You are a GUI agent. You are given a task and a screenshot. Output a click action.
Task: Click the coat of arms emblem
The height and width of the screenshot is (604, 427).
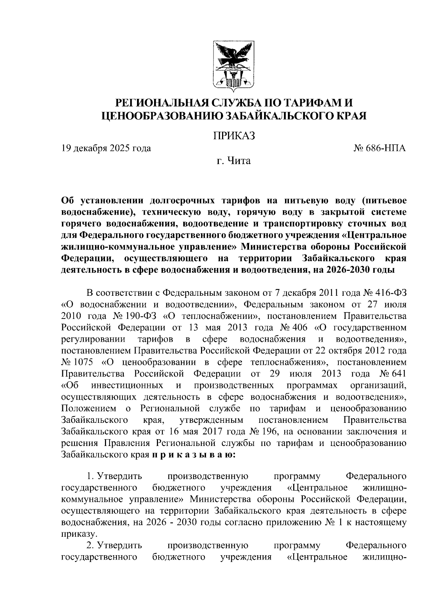coord(233,65)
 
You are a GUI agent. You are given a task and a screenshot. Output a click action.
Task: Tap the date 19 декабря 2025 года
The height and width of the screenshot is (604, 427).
coord(106,148)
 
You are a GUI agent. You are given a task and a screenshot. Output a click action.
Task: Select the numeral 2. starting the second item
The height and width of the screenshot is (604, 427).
coord(90,545)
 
